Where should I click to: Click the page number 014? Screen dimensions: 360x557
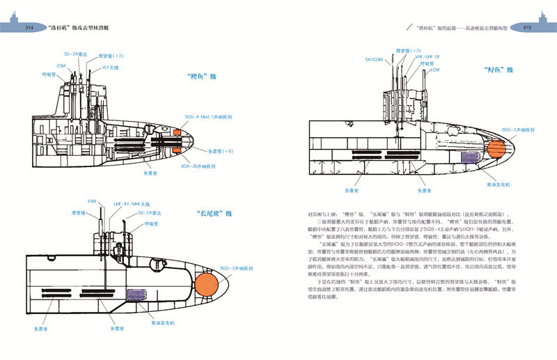click(29, 29)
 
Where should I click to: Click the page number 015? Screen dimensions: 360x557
click(527, 29)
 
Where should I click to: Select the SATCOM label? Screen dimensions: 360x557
click(374, 60)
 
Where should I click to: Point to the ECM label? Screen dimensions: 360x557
click(434, 70)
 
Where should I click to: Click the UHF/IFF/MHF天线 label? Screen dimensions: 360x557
click(132, 204)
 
